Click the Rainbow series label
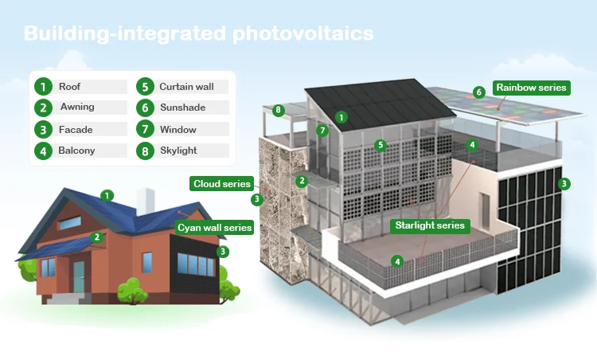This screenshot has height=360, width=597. [531, 88]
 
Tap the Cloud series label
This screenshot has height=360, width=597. [222, 184]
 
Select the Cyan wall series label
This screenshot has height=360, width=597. [214, 227]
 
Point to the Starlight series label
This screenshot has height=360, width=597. [430, 225]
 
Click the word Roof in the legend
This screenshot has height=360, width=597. [70, 86]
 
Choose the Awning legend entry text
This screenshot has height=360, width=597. [76, 107]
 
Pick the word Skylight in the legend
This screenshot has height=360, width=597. [178, 150]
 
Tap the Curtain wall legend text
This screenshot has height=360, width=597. [187, 86]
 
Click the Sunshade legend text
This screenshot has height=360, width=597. [182, 107]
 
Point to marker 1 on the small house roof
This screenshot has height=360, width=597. [107, 195]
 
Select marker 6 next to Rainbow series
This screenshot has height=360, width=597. [478, 92]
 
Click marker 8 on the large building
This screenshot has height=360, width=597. [278, 110]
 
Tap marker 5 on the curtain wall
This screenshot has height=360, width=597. [380, 145]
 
